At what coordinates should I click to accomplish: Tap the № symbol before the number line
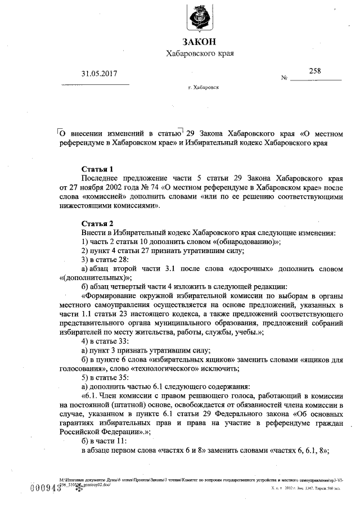tap(284, 78)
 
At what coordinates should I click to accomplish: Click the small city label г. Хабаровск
tap(204, 89)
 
